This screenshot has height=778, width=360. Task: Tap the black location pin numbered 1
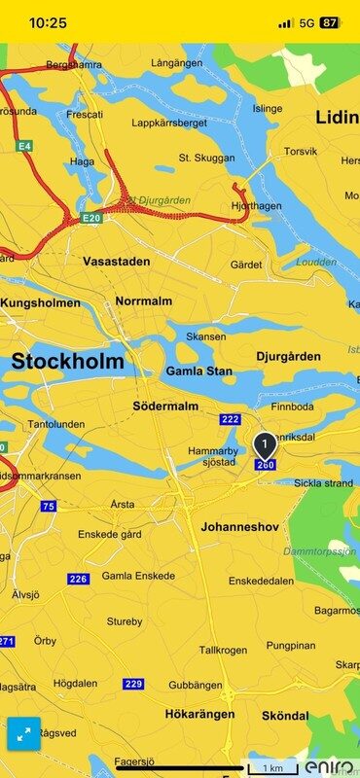[x=265, y=446]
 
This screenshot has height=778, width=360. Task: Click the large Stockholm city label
[x=68, y=362]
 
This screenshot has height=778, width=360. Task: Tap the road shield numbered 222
[x=230, y=419]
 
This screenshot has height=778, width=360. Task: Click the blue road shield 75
[x=48, y=507]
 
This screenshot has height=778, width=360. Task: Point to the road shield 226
[x=78, y=579]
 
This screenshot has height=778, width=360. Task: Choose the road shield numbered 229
[x=133, y=684]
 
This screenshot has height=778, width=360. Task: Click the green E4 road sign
[x=24, y=146]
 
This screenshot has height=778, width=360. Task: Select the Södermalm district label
[x=165, y=406]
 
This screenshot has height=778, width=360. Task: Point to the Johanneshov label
[x=239, y=527]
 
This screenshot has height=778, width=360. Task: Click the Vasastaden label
[x=117, y=262]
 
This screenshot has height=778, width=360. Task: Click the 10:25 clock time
[x=48, y=22]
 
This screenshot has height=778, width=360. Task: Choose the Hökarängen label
[x=198, y=714]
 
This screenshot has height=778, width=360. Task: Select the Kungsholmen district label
[x=40, y=302]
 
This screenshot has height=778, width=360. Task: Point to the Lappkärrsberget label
[x=171, y=124]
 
